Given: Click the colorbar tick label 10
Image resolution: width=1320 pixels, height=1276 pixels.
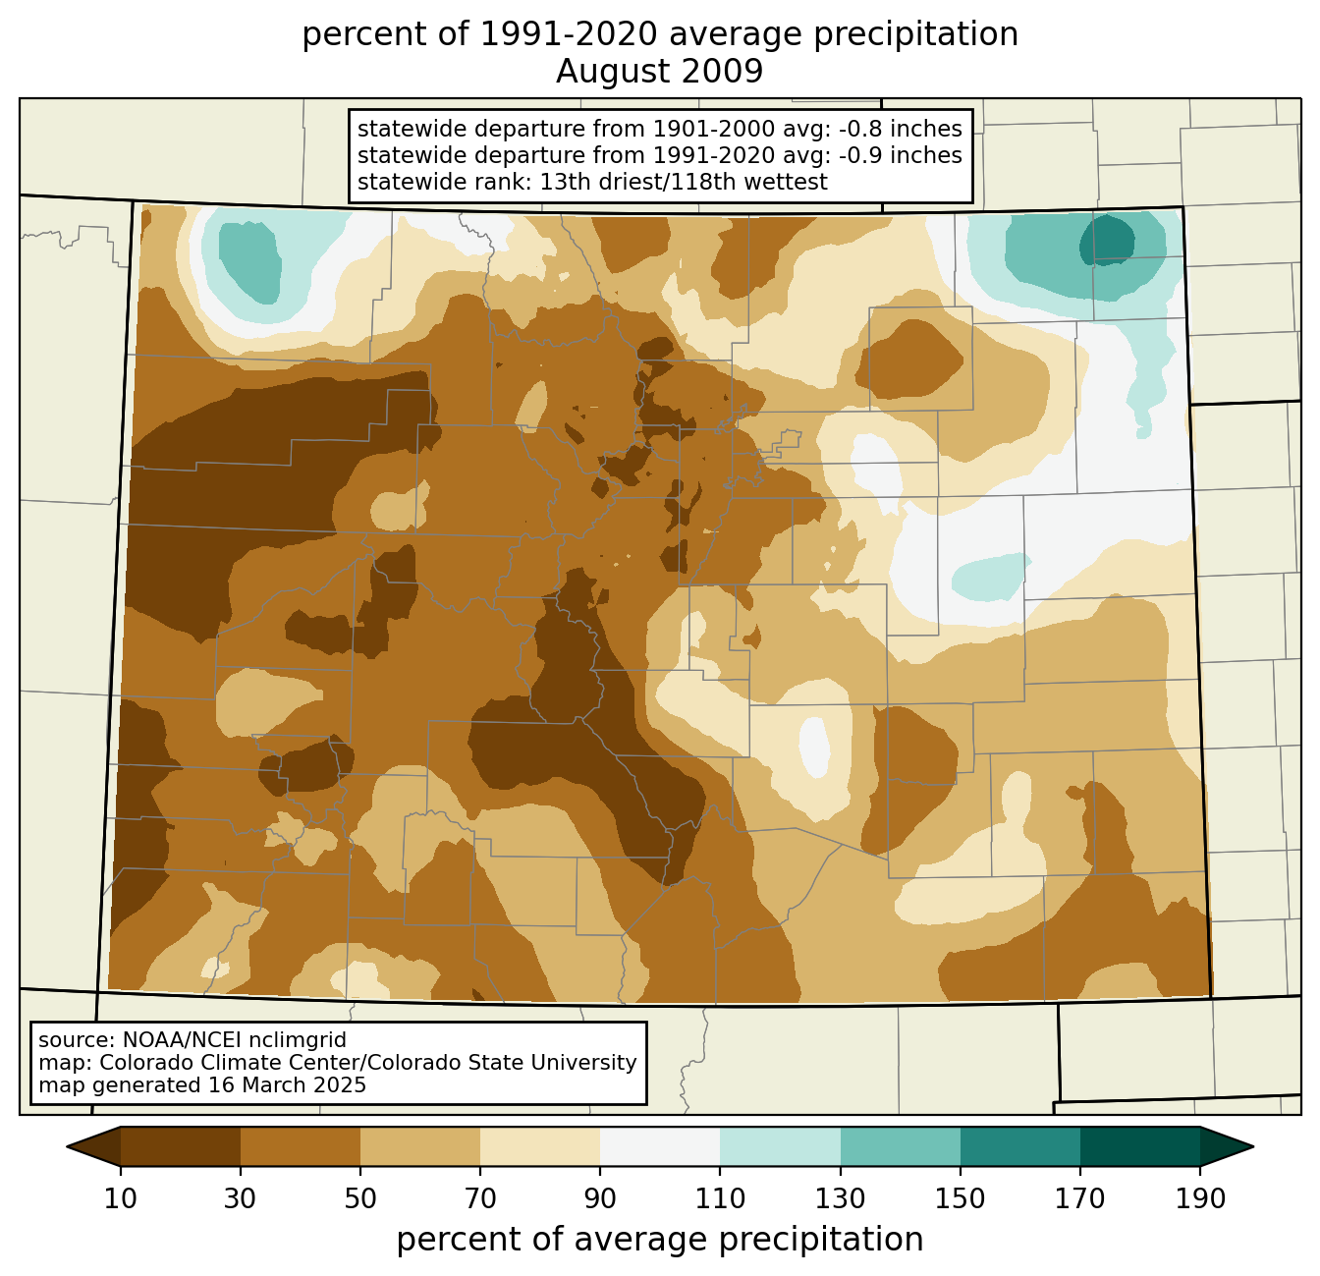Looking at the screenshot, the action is click(x=120, y=1198).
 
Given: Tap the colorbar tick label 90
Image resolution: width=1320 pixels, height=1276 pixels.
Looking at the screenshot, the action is click(x=600, y=1198).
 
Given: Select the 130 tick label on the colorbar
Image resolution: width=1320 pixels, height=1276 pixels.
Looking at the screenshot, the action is click(x=840, y=1198).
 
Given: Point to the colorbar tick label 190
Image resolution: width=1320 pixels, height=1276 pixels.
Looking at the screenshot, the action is click(x=1200, y=1198).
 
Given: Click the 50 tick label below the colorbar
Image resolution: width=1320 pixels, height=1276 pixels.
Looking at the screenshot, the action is click(x=360, y=1198).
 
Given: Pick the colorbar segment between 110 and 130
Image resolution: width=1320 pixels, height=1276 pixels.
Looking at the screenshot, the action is click(x=780, y=1146).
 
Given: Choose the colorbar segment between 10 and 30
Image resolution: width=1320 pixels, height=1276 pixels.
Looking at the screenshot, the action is click(x=181, y=1146).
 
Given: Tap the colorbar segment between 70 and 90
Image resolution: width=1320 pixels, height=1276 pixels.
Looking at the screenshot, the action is click(x=540, y=1146).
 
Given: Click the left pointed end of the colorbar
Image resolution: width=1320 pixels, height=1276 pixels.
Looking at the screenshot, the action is click(x=68, y=1146).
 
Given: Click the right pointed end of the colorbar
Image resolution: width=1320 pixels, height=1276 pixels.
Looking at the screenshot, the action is click(x=1252, y=1146).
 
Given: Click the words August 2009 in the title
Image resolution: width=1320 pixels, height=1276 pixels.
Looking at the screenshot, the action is click(x=659, y=72).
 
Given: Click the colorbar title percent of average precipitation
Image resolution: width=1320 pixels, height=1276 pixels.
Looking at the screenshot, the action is click(x=659, y=1240).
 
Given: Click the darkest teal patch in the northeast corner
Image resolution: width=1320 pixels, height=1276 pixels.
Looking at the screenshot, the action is click(x=1106, y=240).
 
